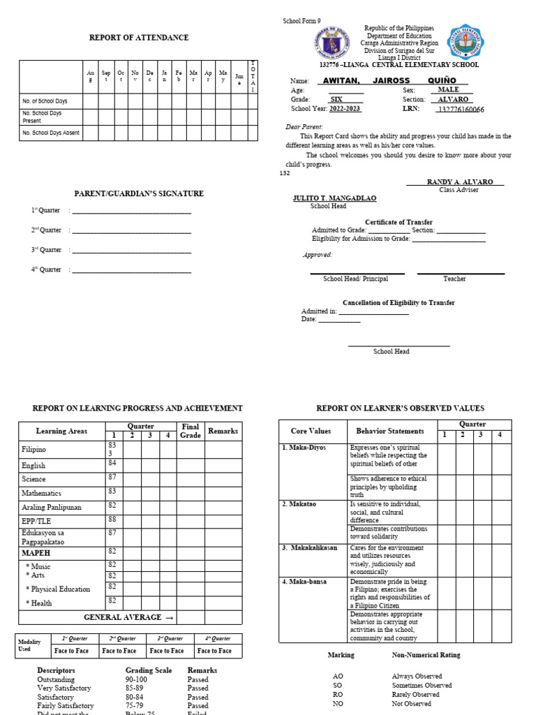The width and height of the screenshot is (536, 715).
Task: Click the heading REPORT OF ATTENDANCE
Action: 138,38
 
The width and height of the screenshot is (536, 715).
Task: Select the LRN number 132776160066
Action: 460,110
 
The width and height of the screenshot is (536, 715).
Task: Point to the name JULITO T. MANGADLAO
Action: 334,198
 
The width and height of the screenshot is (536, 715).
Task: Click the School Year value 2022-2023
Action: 346,109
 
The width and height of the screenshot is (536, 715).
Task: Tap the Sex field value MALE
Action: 448,90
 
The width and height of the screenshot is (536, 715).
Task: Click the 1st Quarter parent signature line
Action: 131,211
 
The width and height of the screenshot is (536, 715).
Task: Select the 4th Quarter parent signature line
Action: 131,270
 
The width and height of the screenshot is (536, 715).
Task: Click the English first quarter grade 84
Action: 112,462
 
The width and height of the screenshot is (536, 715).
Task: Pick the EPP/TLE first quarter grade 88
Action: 112,519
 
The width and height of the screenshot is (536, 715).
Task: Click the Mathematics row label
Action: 43,493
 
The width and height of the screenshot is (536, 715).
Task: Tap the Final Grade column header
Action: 190,431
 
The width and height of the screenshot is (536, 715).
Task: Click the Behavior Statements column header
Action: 389,431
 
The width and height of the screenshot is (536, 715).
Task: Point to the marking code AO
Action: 338,676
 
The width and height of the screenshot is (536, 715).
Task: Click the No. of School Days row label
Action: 45,101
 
